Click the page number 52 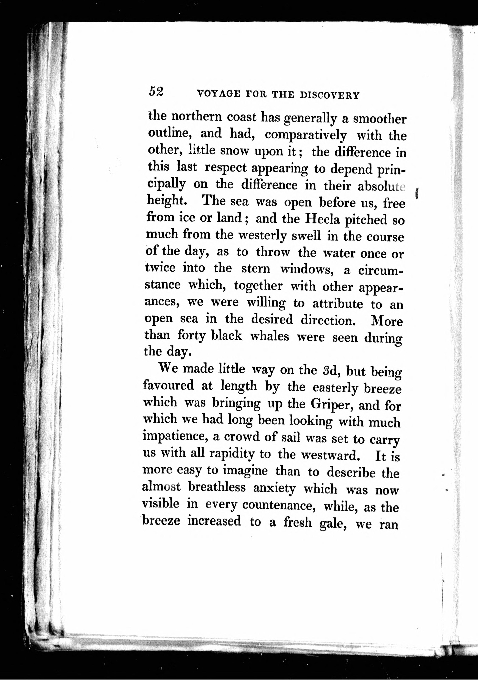pyautogui.click(x=156, y=92)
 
